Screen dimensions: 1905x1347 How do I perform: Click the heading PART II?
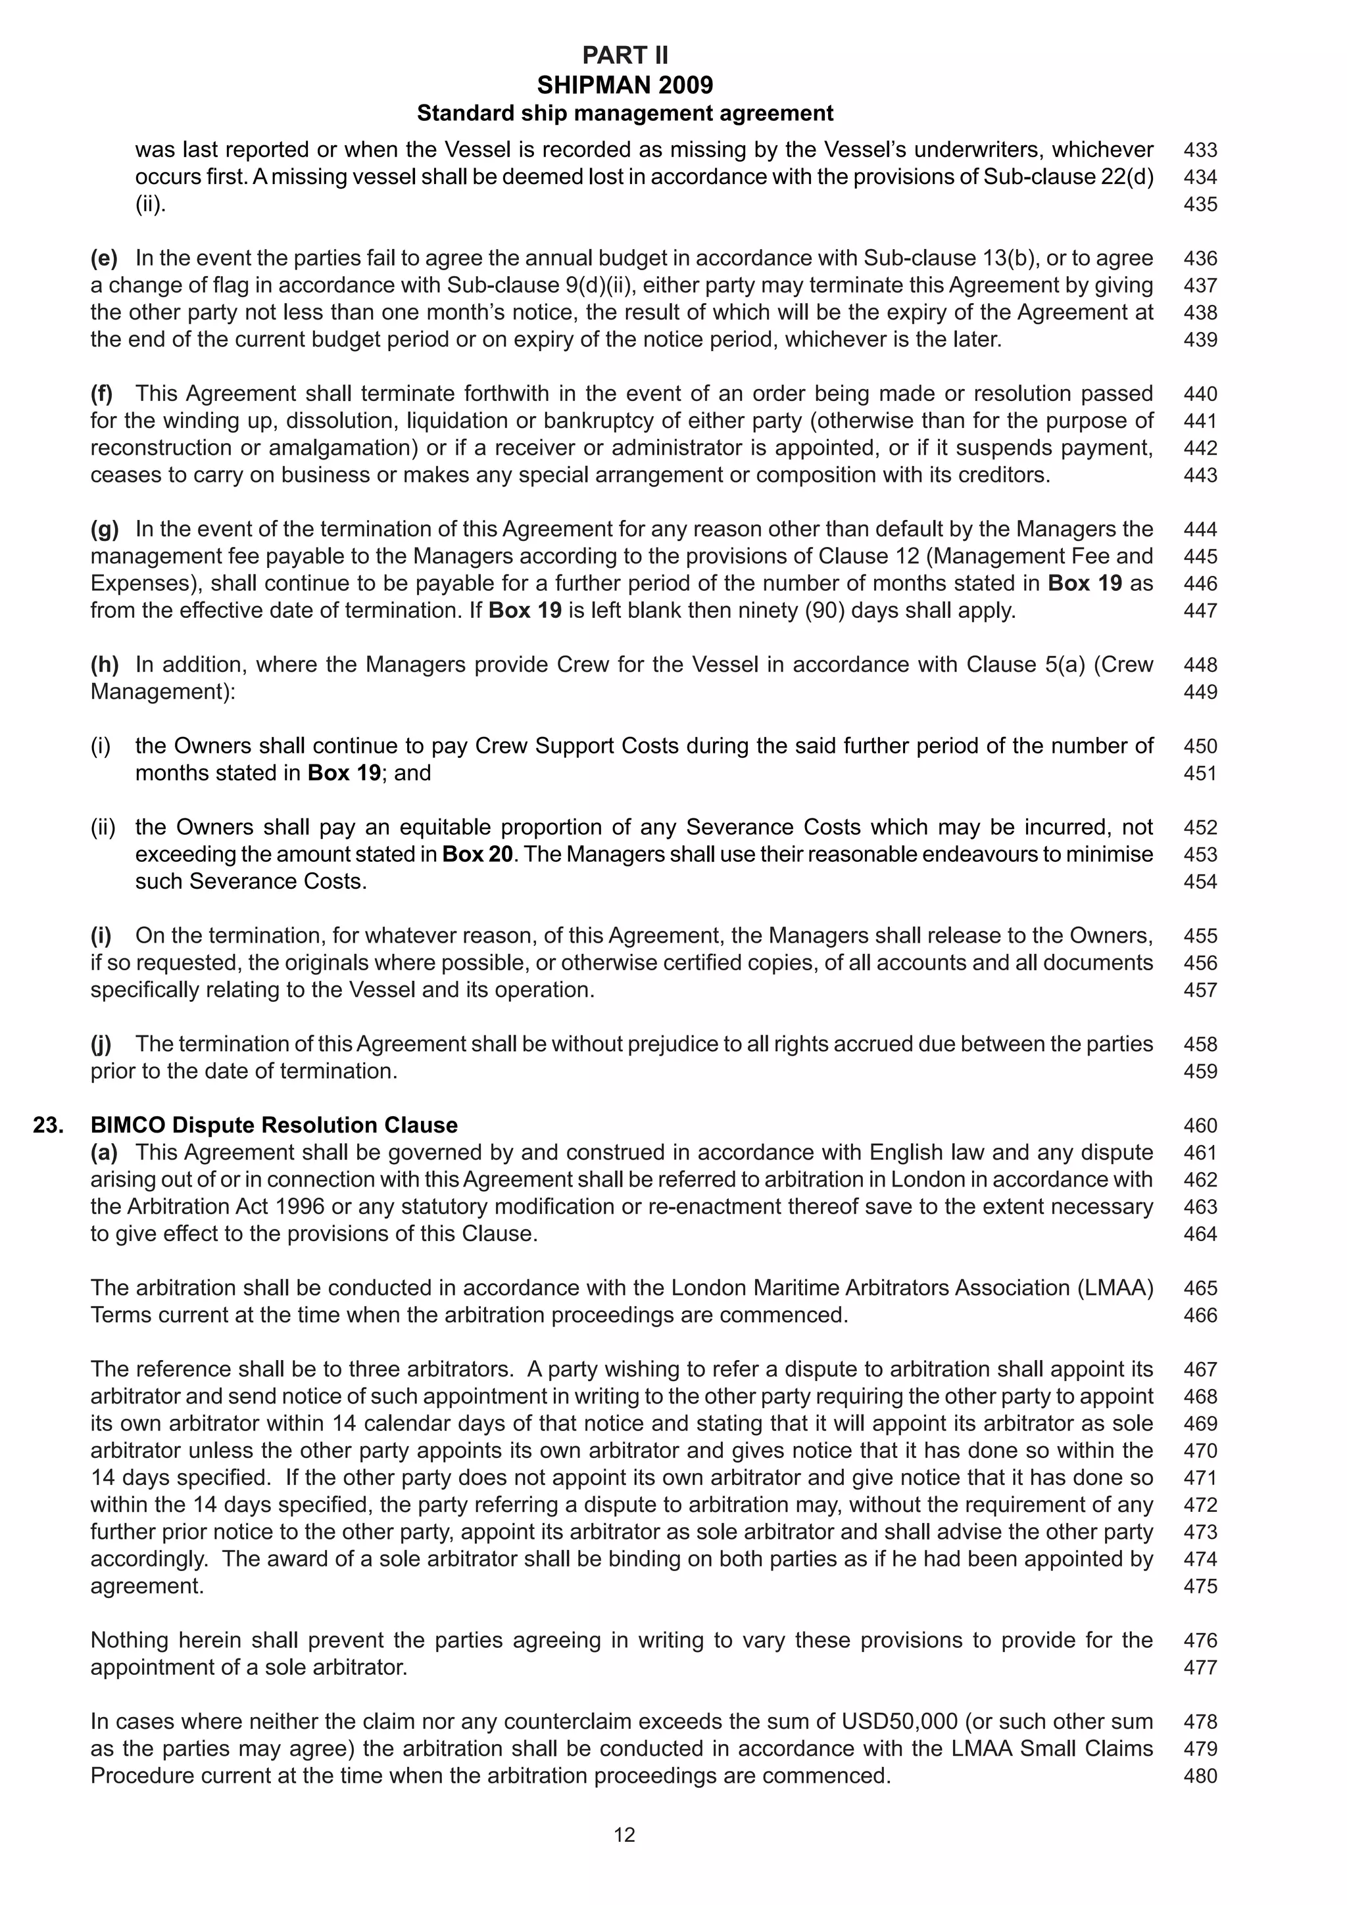point(624,56)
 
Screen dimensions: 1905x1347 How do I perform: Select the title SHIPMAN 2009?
point(624,85)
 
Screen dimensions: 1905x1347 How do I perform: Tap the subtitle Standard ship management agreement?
point(624,113)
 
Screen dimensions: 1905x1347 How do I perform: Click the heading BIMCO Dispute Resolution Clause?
point(274,1125)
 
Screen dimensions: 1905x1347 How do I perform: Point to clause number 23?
point(48,1125)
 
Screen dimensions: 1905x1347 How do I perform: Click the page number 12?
point(624,1835)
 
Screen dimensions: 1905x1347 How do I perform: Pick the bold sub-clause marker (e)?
point(104,258)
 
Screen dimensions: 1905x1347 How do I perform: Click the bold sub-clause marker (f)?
point(101,393)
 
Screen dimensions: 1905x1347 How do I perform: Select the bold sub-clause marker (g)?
point(104,529)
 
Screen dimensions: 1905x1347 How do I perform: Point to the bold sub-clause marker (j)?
point(101,1044)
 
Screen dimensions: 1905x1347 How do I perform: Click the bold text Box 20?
point(478,854)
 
